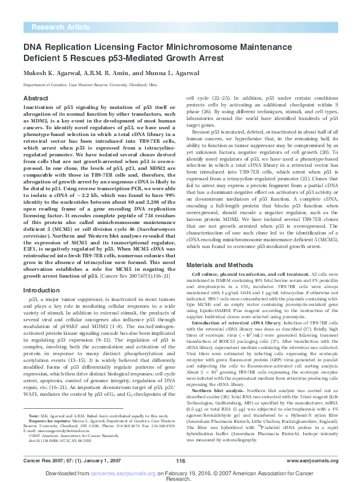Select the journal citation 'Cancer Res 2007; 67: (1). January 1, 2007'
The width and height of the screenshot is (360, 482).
point(58,459)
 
